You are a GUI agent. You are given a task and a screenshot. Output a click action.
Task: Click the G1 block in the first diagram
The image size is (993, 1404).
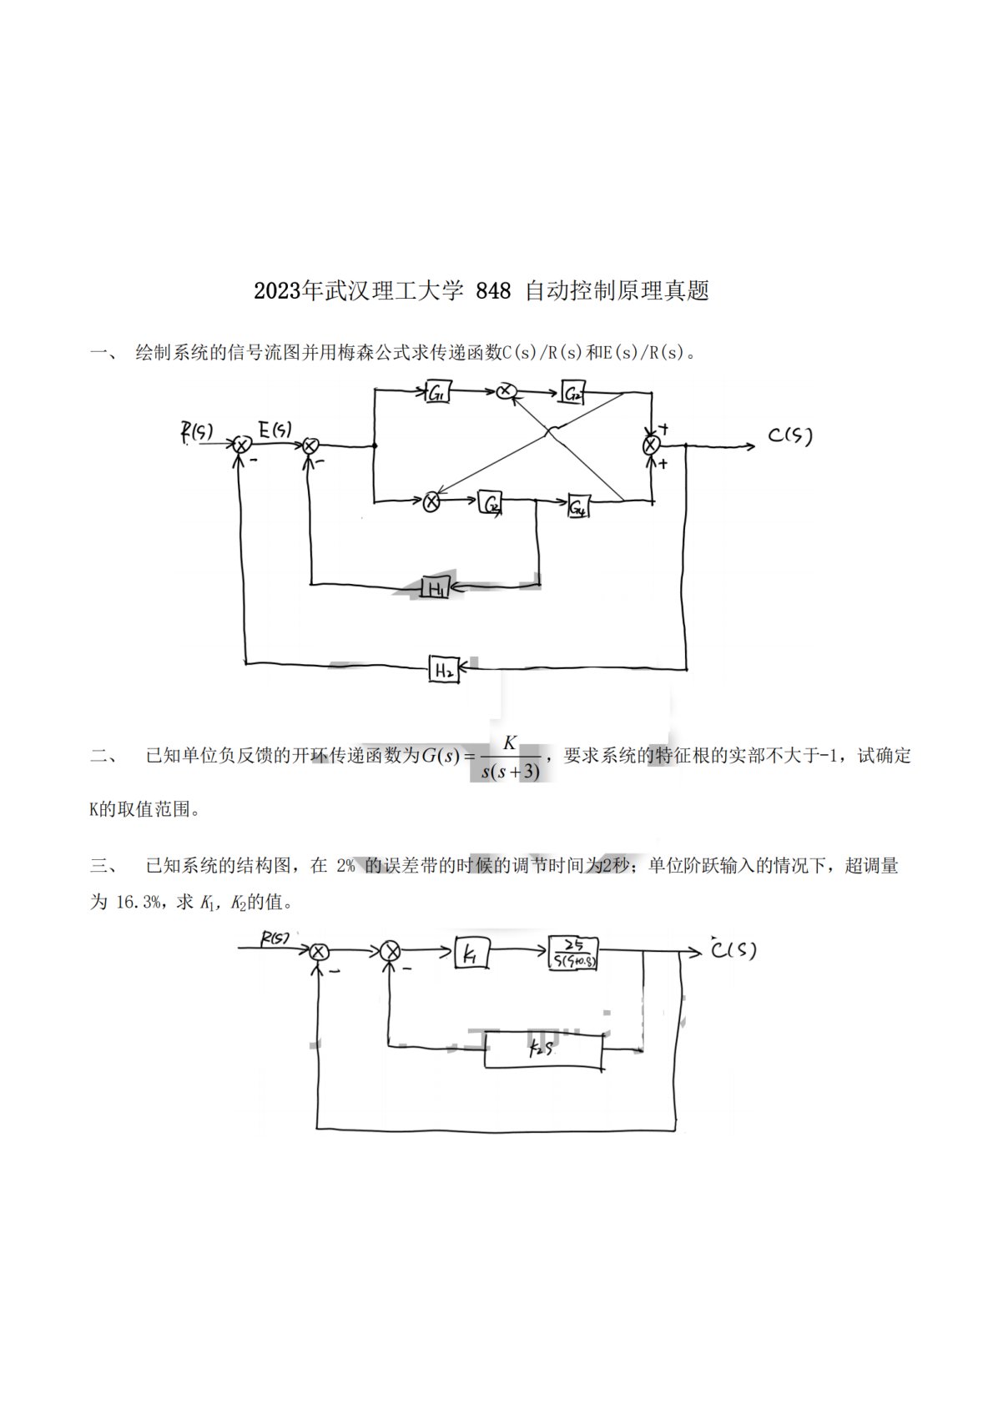click(x=437, y=393)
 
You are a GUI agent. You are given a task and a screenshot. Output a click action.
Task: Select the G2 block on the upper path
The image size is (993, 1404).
click(x=572, y=394)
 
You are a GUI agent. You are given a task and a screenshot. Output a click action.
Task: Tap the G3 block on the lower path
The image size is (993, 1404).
click(x=491, y=504)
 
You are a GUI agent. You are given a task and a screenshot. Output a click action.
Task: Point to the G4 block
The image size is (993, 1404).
click(x=578, y=506)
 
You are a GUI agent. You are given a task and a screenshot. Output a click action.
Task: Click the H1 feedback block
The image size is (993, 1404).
click(x=435, y=588)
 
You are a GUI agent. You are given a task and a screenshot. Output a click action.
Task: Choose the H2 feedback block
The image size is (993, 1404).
click(x=443, y=669)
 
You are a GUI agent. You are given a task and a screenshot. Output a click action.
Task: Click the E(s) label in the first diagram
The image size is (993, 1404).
click(x=275, y=430)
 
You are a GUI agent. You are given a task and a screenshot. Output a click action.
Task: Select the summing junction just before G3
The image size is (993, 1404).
click(x=431, y=501)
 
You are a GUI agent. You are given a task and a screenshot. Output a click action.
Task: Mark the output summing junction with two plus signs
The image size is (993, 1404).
click(x=651, y=445)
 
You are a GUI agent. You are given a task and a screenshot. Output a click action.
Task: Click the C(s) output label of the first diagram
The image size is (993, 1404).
click(x=789, y=435)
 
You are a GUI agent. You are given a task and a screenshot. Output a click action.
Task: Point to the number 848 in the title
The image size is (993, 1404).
click(x=492, y=291)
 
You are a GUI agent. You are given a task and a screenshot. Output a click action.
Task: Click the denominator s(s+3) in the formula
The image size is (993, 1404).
click(x=511, y=772)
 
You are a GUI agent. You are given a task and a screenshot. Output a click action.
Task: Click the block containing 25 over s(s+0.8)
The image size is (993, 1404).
click(x=573, y=953)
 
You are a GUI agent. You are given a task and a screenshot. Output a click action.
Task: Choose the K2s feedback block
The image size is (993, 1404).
click(x=543, y=1050)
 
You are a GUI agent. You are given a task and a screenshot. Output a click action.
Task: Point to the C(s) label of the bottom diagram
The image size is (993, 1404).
click(x=733, y=949)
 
